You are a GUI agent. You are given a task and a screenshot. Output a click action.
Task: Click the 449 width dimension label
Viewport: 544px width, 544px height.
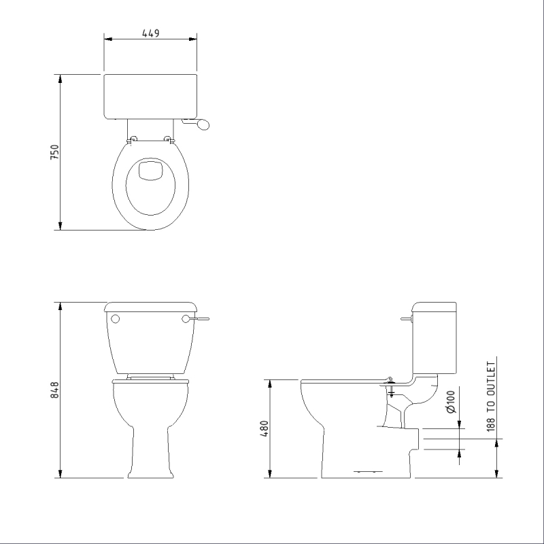click(150, 33)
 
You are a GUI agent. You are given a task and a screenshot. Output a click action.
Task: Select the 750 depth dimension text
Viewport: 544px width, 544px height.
click(55, 152)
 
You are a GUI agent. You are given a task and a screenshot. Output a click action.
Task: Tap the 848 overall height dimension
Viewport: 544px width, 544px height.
click(55, 390)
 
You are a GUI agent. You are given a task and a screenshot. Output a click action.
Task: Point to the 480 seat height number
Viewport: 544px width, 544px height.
click(265, 428)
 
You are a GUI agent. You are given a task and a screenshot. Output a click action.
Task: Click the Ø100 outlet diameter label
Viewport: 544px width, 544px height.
click(450, 402)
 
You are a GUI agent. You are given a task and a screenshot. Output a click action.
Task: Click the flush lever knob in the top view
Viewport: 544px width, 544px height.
click(205, 124)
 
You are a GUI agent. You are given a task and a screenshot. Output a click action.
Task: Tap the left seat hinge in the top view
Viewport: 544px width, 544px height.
click(133, 139)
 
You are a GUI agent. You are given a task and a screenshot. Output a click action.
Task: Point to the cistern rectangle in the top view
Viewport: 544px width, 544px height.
click(150, 96)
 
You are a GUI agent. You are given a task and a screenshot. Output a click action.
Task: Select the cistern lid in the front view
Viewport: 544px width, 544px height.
click(150, 306)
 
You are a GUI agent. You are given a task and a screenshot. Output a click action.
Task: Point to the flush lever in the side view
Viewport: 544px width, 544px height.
click(407, 318)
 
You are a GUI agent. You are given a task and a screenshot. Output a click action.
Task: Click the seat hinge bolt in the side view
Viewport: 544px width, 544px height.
click(390, 388)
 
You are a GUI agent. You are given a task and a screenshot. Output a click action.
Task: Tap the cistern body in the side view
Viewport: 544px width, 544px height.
click(435, 340)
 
